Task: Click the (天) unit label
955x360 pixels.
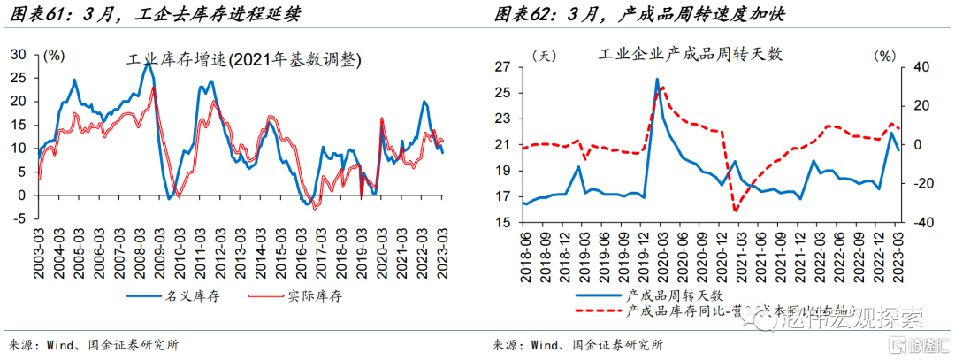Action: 543,55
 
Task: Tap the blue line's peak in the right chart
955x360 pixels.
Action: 657,80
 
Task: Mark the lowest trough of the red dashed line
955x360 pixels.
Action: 735,211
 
